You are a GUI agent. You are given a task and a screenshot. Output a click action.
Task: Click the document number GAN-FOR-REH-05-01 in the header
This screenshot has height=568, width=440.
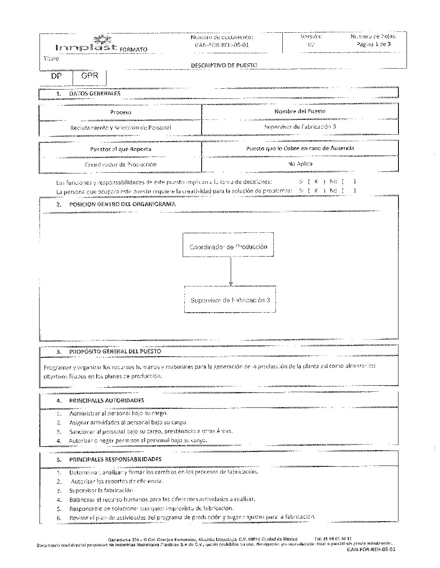click(x=221, y=45)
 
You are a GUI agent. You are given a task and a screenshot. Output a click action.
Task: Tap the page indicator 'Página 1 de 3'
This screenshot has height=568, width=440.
click(x=373, y=44)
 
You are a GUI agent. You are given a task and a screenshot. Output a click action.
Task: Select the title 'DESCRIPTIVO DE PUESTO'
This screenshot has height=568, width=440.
click(x=224, y=65)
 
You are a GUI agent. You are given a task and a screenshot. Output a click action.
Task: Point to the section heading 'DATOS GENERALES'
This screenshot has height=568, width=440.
click(x=95, y=94)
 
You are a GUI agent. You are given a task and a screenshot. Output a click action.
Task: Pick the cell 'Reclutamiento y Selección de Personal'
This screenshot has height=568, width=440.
click(x=121, y=127)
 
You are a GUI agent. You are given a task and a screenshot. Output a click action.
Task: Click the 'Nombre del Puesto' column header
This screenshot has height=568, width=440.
click(x=300, y=111)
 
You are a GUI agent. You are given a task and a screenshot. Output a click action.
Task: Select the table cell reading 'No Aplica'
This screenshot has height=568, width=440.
click(x=300, y=164)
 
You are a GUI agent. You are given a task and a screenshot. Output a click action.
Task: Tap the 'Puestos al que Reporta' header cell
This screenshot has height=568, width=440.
click(x=121, y=149)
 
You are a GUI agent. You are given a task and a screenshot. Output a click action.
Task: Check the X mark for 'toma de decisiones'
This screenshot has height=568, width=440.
click(x=316, y=182)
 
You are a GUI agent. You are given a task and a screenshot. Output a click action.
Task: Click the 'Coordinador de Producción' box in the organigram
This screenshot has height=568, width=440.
click(x=228, y=246)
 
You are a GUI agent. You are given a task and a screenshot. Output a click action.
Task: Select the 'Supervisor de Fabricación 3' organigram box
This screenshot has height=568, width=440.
click(x=230, y=300)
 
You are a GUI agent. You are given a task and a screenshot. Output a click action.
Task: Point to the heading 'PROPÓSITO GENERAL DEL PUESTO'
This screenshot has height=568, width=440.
click(x=115, y=351)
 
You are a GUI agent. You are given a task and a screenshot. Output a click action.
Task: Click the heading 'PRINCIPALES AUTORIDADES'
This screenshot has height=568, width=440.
click(x=106, y=401)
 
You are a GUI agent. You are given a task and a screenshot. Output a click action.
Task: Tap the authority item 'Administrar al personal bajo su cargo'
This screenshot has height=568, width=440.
click(x=118, y=413)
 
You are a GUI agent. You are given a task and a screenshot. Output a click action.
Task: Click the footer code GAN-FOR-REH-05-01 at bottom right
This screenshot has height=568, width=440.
click(x=371, y=549)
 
